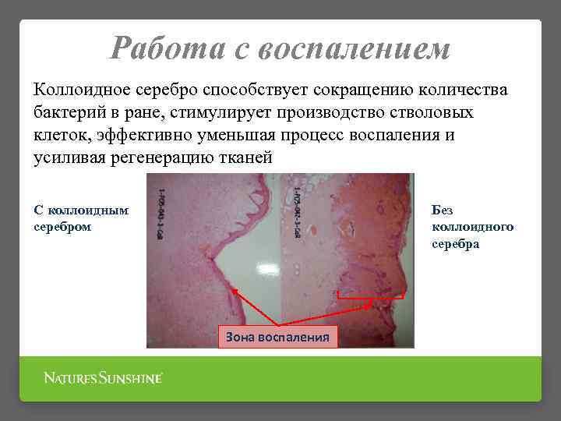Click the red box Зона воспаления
(278, 337)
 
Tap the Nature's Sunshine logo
(103, 379)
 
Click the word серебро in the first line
(183, 90)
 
